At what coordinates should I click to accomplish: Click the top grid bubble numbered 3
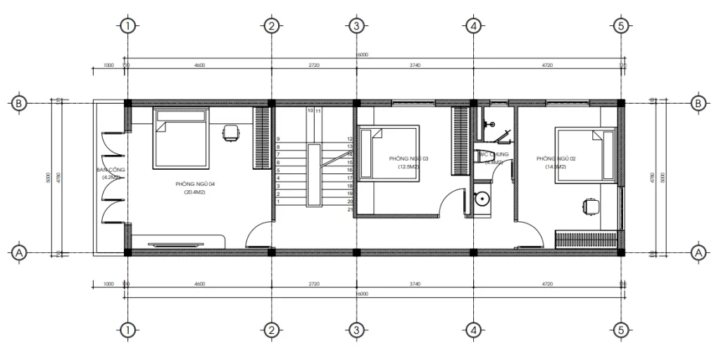(x=356, y=26)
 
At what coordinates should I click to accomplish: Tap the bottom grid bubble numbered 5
(x=620, y=329)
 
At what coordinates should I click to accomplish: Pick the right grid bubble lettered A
(x=699, y=252)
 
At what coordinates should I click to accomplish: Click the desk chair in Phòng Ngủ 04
(x=230, y=132)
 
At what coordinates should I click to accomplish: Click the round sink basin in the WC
(x=482, y=198)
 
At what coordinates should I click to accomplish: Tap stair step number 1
(x=279, y=201)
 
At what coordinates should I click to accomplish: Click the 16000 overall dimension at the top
(x=362, y=54)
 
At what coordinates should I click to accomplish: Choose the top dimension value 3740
(x=414, y=65)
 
